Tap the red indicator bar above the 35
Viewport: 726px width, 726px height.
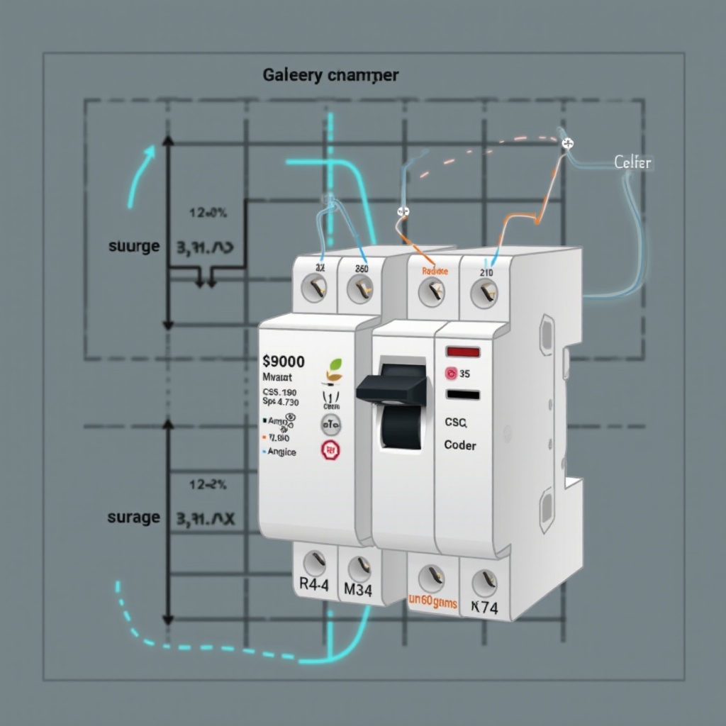point(463,352)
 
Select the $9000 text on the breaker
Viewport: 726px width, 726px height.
point(283,362)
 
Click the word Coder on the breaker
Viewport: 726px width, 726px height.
point(460,445)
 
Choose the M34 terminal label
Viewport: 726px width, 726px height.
point(357,589)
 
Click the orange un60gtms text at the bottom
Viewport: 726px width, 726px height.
point(433,603)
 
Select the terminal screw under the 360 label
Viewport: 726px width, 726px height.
point(360,288)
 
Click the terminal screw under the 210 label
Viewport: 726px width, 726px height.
point(485,291)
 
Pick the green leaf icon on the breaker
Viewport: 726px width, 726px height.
point(334,367)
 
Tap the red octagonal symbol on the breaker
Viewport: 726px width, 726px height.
point(330,450)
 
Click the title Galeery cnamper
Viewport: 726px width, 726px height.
point(330,74)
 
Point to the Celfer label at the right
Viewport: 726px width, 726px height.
point(632,163)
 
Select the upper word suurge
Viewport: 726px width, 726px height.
point(134,247)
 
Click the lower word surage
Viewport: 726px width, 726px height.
point(133,518)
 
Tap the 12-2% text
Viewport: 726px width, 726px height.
point(208,485)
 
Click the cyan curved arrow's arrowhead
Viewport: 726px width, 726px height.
point(150,152)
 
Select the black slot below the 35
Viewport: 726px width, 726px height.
point(463,394)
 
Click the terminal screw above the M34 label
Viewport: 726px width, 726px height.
point(359,566)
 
